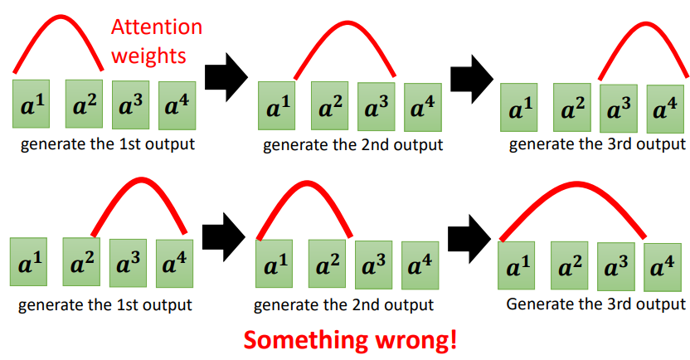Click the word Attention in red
point(157,27)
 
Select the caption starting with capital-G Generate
point(596,304)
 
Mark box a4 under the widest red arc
point(662,266)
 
